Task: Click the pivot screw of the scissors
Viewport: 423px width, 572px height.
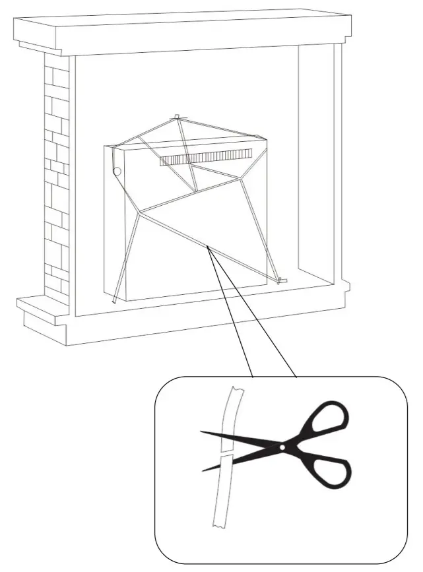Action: pos(282,448)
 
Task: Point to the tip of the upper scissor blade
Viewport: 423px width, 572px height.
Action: pos(201,432)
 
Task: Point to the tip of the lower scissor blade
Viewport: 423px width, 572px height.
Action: pos(203,470)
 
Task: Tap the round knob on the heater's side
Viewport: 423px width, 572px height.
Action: pos(117,172)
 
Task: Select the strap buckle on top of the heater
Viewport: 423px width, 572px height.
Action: pos(176,118)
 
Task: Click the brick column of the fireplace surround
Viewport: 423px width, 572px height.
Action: pos(57,178)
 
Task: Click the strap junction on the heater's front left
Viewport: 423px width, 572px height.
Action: pos(141,212)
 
